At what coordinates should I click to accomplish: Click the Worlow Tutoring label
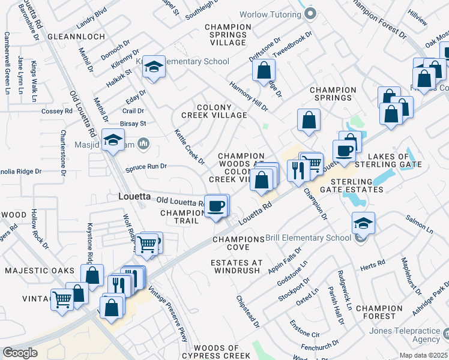click(x=270, y=14)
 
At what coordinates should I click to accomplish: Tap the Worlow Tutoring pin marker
click(x=310, y=14)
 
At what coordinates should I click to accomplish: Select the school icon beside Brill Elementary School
click(x=363, y=224)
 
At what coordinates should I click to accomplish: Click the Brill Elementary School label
click(x=309, y=238)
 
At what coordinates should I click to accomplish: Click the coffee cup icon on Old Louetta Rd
click(x=217, y=206)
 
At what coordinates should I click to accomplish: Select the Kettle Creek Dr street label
click(x=190, y=147)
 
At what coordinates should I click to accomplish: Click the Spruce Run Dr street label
click(x=146, y=166)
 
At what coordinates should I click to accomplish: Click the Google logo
click(x=20, y=353)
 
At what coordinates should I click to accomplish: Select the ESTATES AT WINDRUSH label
click(x=236, y=266)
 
